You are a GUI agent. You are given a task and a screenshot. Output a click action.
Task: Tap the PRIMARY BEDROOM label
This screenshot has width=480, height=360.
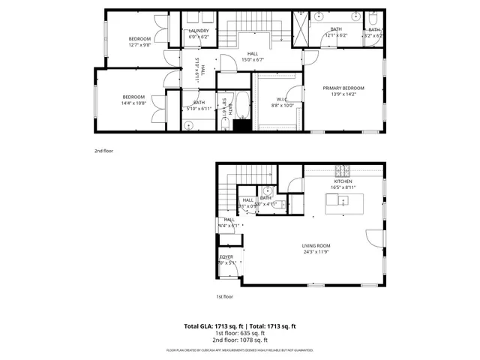(x=343, y=88)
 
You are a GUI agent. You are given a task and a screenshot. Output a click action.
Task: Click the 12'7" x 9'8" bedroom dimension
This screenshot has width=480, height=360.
(x=139, y=45)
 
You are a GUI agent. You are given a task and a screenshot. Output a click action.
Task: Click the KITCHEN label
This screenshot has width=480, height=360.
(x=343, y=181)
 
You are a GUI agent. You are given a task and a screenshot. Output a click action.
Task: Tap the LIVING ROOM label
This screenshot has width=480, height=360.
(x=316, y=245)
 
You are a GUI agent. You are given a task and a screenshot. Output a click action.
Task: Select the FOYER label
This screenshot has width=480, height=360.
(x=226, y=257)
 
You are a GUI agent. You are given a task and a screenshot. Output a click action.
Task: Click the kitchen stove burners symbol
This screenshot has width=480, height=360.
(x=342, y=169)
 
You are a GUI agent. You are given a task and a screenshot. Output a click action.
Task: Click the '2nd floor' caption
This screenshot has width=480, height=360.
(x=103, y=150)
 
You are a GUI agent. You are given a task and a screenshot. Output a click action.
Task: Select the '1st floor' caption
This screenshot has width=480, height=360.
(x=225, y=296)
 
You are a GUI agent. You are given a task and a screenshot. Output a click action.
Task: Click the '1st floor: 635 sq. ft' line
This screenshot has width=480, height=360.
(x=240, y=334)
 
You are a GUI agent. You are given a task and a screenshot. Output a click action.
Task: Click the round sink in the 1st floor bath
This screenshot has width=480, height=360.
(x=267, y=190)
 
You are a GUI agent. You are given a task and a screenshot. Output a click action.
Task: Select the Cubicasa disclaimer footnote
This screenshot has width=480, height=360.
(x=240, y=350)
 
